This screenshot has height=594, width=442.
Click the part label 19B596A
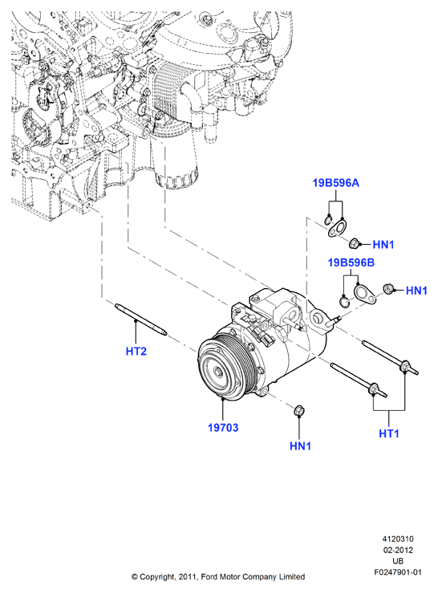[335, 183]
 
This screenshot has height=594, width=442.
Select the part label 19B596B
[351, 262]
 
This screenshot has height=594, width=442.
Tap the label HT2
[136, 351]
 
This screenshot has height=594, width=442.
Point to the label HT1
[389, 433]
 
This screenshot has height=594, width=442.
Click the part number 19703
[223, 428]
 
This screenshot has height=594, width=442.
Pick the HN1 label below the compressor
[301, 445]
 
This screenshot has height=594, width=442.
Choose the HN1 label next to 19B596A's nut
[383, 245]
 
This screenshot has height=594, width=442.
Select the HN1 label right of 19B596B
[416, 291]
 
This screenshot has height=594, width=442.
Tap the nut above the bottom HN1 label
[299, 410]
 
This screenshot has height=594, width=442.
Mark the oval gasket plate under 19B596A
[337, 230]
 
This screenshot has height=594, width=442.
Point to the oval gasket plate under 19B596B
[365, 294]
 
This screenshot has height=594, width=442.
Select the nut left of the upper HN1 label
[354, 243]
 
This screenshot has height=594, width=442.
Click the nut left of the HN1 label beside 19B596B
[388, 289]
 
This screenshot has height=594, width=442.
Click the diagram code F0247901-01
[398, 572]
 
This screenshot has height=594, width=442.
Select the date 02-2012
[398, 550]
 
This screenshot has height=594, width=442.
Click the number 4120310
[398, 539]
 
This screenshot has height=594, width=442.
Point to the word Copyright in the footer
[157, 577]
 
